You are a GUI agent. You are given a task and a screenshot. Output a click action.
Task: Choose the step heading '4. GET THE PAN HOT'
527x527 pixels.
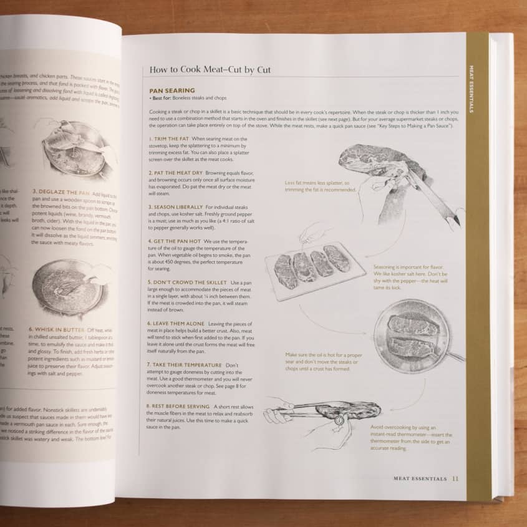point(175,241)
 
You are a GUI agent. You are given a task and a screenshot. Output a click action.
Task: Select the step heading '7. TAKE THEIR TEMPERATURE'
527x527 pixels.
point(185,364)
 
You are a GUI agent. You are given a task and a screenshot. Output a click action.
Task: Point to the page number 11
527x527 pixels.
point(455,478)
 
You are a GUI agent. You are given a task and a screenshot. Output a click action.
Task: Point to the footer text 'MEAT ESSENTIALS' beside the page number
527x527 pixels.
point(420,478)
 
